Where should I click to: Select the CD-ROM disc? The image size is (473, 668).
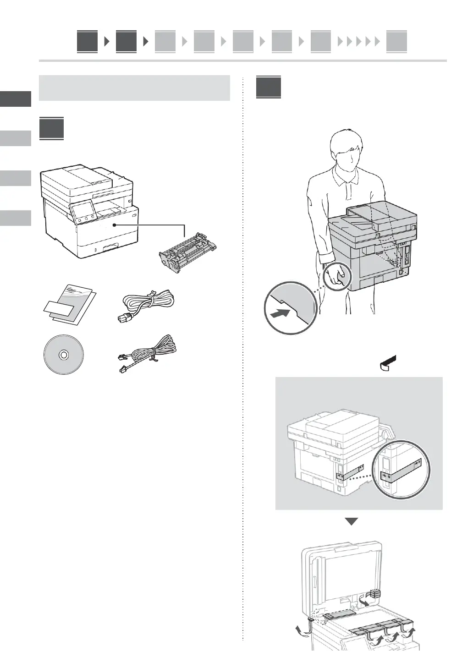point(63,355)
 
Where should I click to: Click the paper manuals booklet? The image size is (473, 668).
point(70,305)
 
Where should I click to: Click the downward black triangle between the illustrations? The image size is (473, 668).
point(351,521)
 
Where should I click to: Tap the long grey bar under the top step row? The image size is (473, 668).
point(242,60)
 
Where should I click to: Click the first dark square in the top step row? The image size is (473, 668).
point(87,42)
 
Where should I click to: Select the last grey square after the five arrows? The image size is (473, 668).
point(396,42)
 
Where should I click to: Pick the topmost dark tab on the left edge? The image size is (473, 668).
point(16,99)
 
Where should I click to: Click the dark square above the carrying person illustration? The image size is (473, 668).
point(269,87)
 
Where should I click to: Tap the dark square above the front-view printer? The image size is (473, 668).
point(52,129)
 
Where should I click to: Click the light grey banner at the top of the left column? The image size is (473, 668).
point(134,88)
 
